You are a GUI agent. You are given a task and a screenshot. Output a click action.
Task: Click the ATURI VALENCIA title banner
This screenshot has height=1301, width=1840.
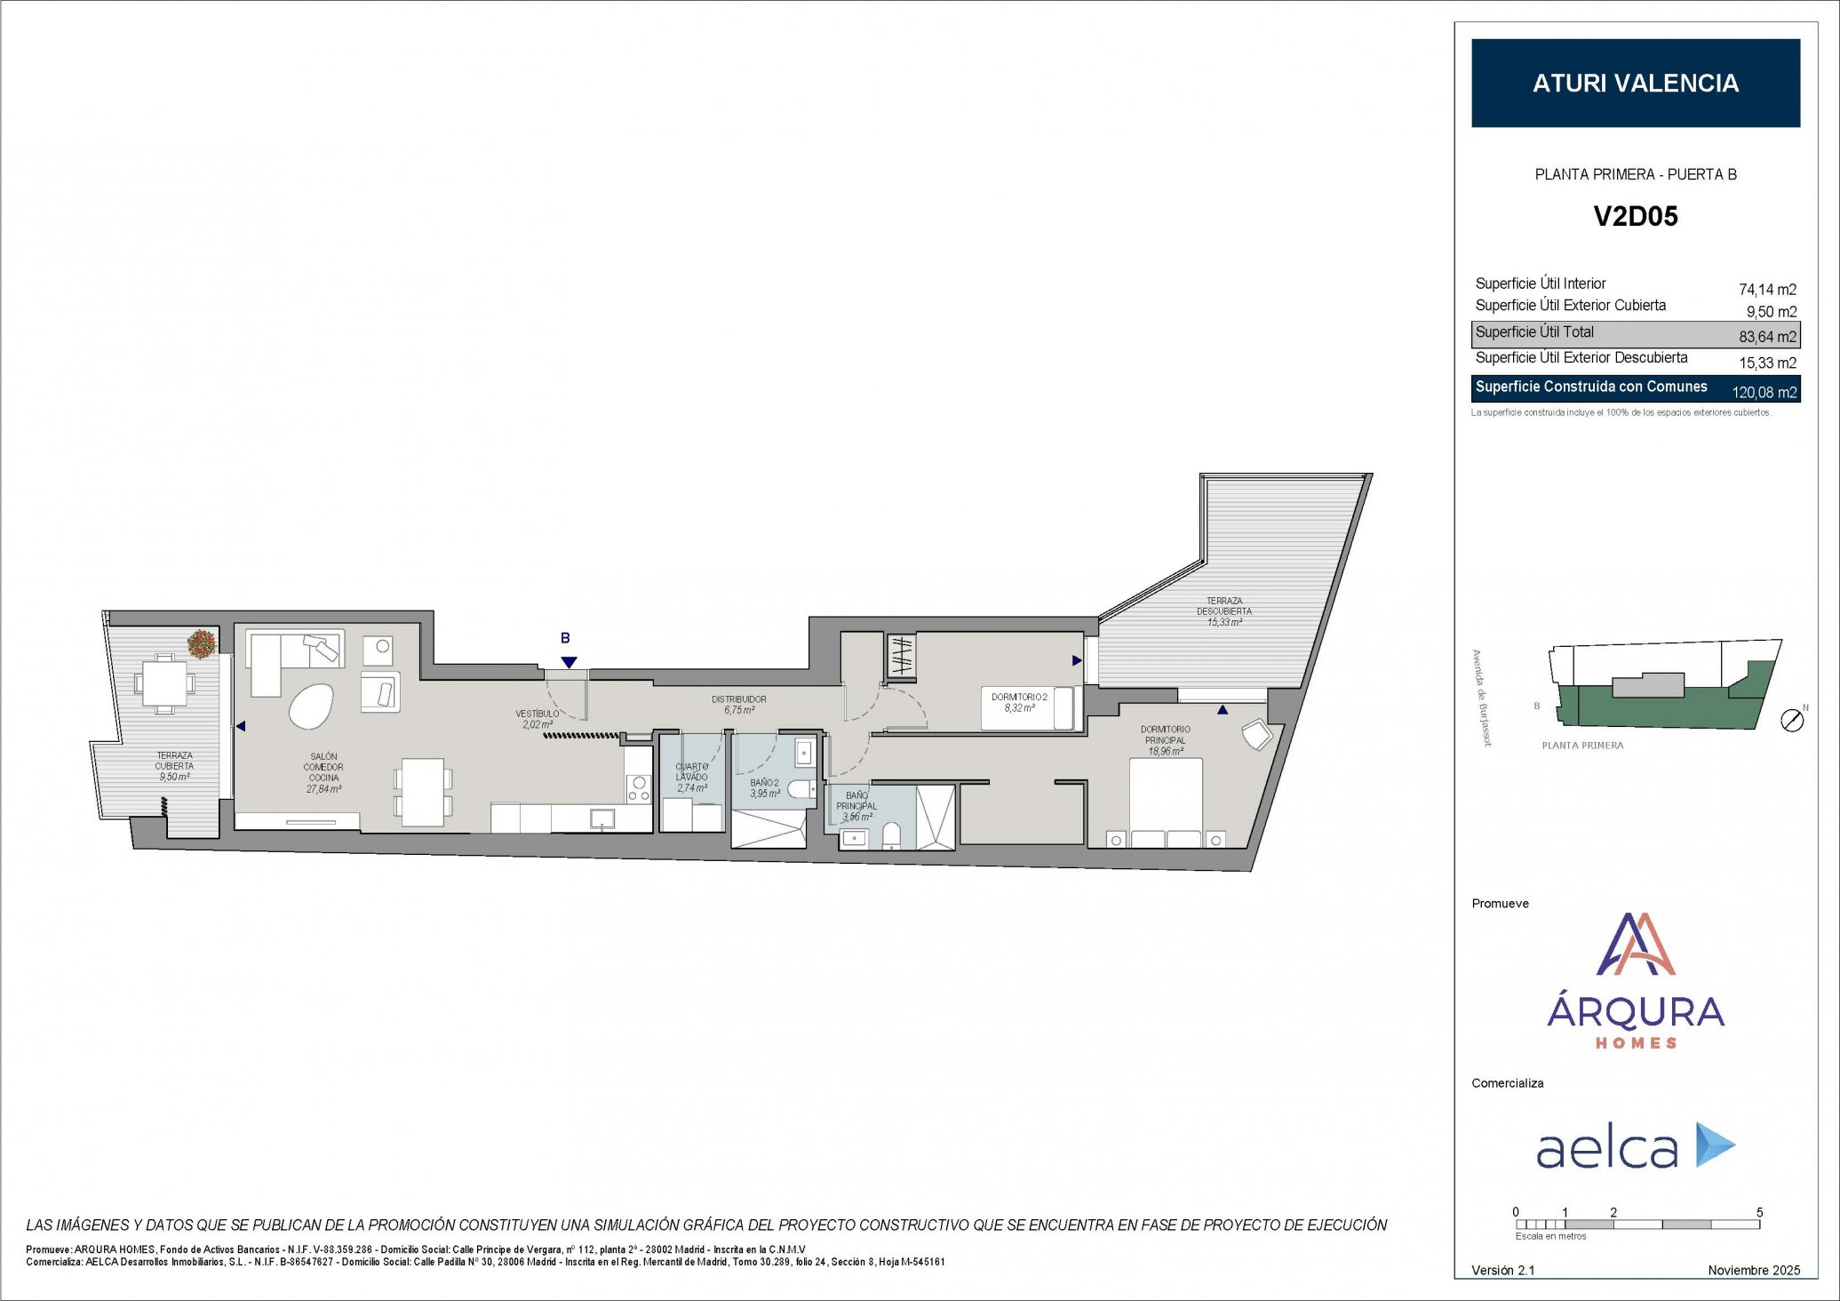pos(1635,83)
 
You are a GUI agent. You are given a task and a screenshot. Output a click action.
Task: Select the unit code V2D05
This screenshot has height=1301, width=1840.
pos(1635,216)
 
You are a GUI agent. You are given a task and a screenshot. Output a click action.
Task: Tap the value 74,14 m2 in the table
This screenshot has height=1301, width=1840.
pos(1766,290)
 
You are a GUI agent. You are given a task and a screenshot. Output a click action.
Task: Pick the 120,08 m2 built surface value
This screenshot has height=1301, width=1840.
pos(1764,392)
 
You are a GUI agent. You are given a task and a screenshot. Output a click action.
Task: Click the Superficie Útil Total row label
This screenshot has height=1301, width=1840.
pos(1534,332)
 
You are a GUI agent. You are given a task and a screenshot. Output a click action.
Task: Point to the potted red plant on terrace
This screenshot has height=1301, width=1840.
pos(202,643)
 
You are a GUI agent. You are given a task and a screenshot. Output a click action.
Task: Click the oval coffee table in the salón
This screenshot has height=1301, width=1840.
pos(311,706)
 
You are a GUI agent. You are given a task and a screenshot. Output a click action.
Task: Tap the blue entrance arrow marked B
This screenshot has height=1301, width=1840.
pos(569,662)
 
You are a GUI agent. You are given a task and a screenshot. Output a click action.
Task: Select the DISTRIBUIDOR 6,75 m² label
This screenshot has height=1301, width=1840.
pos(738,705)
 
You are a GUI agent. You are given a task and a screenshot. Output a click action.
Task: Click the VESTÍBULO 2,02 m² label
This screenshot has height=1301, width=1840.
pos(538,719)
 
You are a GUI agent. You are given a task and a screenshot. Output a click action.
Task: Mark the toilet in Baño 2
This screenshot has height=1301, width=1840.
pos(800,788)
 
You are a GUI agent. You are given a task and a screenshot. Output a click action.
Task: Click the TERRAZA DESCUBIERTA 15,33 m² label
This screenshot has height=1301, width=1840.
pos(1223,611)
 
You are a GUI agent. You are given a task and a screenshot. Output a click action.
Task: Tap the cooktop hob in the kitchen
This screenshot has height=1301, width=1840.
pos(638,788)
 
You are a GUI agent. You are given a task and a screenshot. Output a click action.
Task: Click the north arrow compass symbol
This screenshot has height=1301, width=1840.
pos(1792,721)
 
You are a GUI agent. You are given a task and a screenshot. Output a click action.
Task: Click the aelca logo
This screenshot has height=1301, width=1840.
pos(1635,1146)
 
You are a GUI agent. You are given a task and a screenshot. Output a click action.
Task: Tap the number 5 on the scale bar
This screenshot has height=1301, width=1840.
pos(1759,1212)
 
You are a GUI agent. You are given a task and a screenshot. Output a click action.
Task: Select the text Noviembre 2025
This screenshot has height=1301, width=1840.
pos(1753,1270)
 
